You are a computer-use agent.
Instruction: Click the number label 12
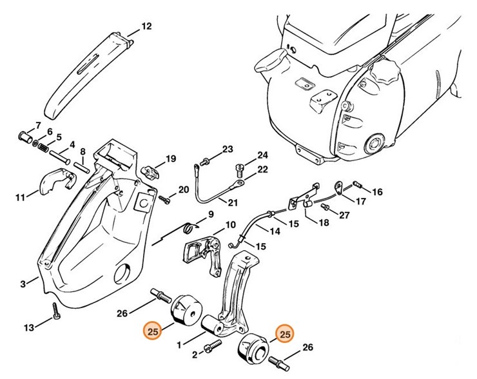(x=146, y=26)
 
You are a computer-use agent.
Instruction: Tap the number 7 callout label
(x=38, y=124)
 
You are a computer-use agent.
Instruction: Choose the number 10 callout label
(x=229, y=226)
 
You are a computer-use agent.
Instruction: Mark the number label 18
(x=323, y=222)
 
